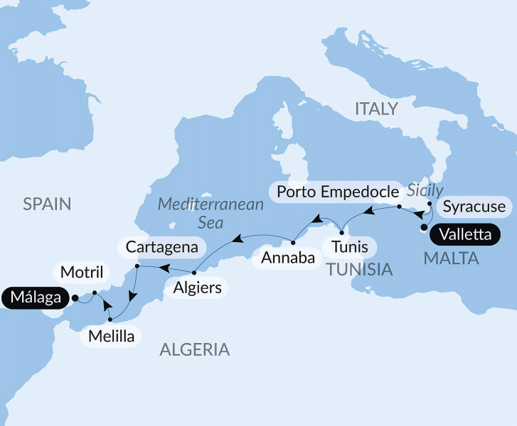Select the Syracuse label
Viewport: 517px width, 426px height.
point(474,207)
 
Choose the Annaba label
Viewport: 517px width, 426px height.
point(287,257)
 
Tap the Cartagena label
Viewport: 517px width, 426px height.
point(164,247)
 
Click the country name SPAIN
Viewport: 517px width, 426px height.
point(47,204)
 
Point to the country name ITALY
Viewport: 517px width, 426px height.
point(375,109)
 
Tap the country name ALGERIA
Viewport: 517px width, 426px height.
point(195,349)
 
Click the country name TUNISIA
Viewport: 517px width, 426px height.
point(359,269)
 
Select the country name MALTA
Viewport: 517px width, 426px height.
point(451,259)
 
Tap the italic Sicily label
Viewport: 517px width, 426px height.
point(425,190)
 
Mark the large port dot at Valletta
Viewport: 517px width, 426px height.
point(425,229)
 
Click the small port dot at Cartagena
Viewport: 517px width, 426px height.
point(137,267)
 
